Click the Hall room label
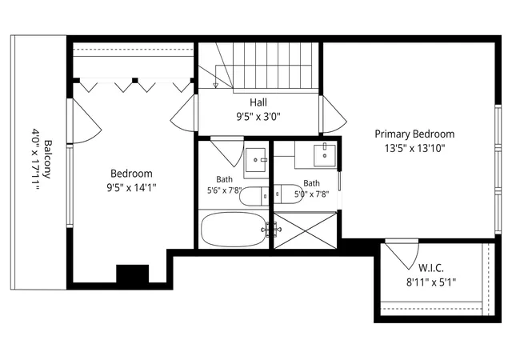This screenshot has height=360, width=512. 258,102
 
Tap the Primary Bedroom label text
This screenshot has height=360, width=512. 414,134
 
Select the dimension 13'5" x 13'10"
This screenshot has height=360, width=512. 414,149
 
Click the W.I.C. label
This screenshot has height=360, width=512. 431,268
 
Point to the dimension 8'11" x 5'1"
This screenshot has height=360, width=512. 431,282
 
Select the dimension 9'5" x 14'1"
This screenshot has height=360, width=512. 131,187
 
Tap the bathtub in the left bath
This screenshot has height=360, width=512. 234,230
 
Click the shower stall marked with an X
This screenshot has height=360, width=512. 305,230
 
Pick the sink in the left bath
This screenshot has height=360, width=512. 256,160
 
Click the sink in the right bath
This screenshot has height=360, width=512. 325,155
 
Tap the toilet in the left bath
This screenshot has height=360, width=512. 254,196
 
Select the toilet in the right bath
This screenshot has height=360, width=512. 288,194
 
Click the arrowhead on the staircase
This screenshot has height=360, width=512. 215,86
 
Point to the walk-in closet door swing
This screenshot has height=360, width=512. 402,255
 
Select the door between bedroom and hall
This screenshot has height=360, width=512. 183,114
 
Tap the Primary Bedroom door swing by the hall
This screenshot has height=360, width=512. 334,114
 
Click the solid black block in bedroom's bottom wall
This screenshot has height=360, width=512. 133,274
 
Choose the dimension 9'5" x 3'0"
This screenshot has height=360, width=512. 258,117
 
